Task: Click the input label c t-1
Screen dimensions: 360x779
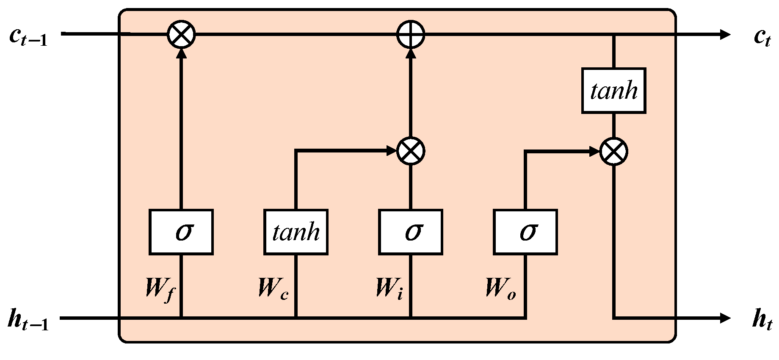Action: coord(28,37)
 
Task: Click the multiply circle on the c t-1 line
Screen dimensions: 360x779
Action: coord(181,34)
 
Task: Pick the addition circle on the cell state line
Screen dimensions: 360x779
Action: coord(410,34)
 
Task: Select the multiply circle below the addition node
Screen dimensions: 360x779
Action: coord(410,151)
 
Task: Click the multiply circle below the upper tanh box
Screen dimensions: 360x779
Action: coord(613,151)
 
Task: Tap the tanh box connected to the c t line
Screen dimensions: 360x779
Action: coord(613,90)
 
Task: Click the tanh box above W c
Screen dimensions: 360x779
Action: coord(296,232)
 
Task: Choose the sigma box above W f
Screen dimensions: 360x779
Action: coord(181,232)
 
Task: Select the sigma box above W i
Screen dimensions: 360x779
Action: coord(410,232)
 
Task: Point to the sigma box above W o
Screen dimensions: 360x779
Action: coord(525,232)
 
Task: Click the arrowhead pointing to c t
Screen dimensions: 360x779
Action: coord(725,34)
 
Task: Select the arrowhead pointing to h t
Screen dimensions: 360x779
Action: coord(725,318)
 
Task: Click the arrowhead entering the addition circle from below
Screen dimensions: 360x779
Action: coord(410,54)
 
